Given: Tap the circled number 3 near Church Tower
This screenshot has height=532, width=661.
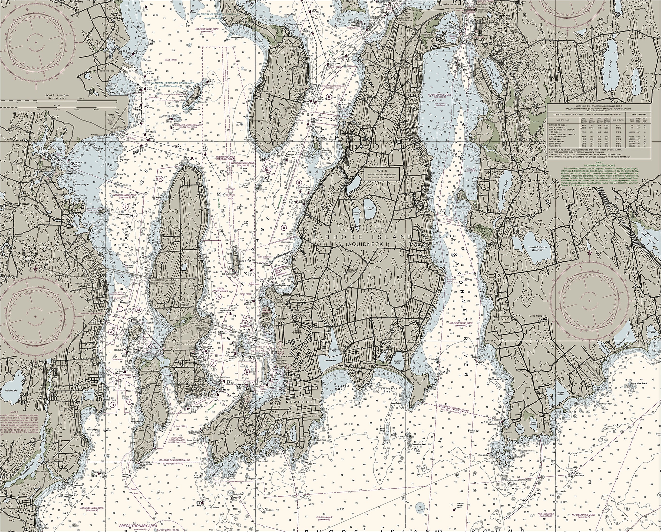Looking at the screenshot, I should (281, 352).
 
